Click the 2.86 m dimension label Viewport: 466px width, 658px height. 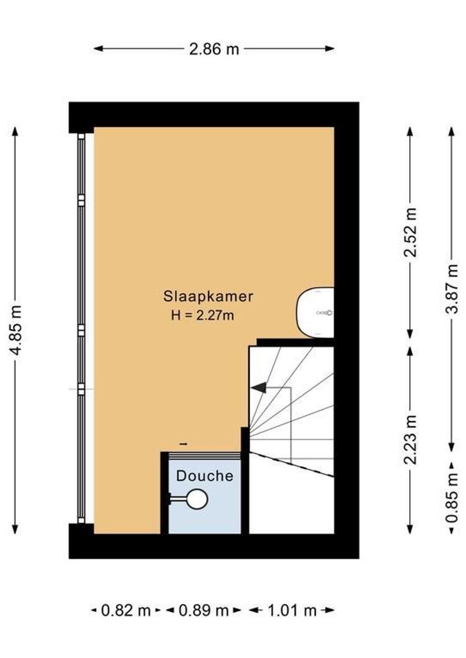(213, 49)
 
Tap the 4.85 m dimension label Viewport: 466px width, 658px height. (18, 330)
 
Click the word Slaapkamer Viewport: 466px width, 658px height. (208, 297)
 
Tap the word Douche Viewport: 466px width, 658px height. (205, 476)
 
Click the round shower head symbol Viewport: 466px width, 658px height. (197, 500)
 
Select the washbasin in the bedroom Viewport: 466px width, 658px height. (315, 312)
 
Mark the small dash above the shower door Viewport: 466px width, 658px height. (184, 444)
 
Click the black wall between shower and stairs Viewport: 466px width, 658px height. (245, 487)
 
